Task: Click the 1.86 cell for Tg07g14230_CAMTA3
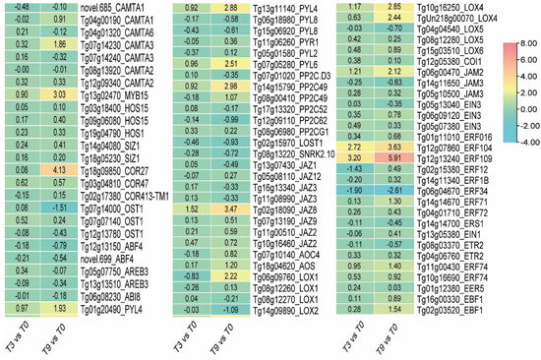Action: coord(58,44)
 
